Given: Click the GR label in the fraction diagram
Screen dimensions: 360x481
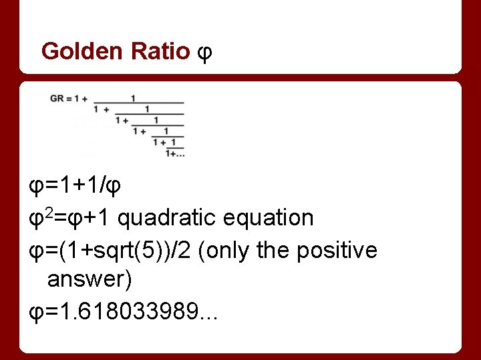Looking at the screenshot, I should (x=57, y=99).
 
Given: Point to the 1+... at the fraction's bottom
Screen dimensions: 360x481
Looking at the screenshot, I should (x=175, y=153).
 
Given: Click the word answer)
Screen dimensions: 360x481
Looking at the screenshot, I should (x=90, y=279).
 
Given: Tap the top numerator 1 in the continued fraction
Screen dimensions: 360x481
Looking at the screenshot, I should (x=134, y=98).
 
